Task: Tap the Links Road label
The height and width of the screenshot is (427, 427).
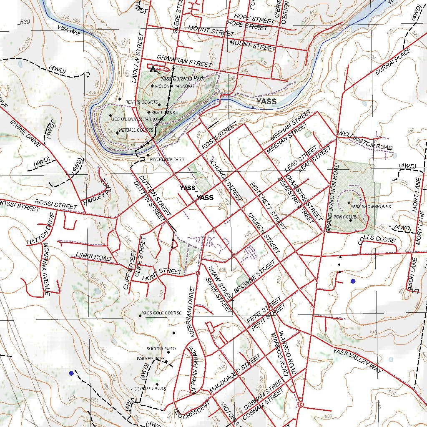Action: tap(93, 256)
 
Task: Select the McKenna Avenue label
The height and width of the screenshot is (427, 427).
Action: tap(47, 269)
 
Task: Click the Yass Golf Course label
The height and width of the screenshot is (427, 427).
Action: tap(161, 313)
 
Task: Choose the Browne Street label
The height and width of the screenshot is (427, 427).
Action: tap(254, 276)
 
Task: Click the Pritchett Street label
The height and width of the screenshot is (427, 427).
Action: tap(268, 206)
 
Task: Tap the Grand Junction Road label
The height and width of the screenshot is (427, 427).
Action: tap(333, 198)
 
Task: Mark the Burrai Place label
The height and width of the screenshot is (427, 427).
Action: tap(393, 61)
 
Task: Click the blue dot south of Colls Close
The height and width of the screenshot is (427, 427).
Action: tap(353, 281)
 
